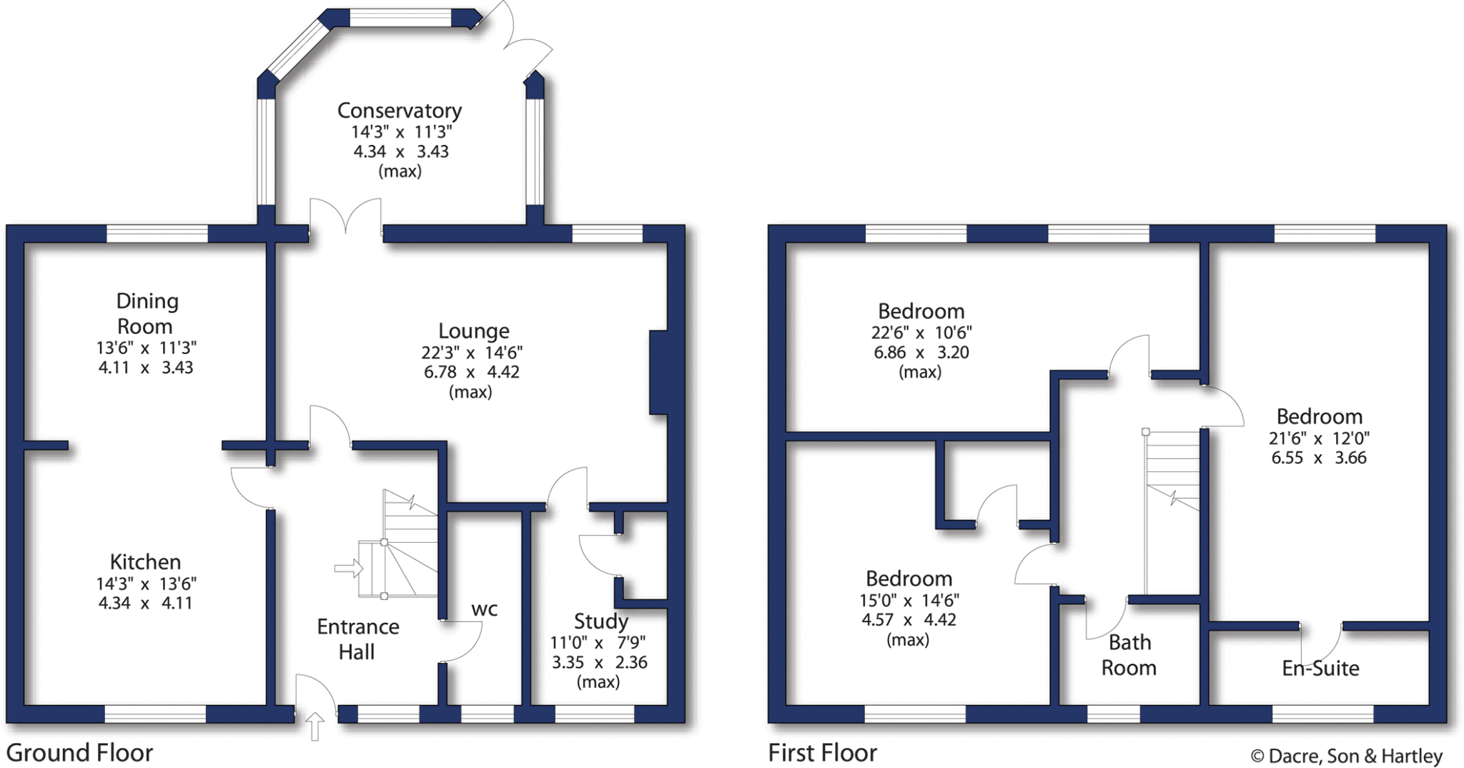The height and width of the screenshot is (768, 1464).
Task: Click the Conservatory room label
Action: pos(399,111)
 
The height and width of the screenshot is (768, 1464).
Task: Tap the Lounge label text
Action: pos(473,331)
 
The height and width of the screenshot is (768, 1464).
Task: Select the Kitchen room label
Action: pos(145,562)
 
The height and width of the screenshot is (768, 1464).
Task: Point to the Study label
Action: pos(600,621)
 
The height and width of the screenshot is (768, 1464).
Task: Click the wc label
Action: pos(484,609)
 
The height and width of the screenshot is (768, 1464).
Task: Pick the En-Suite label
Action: pos(1320,668)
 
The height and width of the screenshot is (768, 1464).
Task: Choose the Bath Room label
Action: pos(1129,655)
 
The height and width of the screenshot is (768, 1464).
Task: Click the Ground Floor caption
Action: pos(79,753)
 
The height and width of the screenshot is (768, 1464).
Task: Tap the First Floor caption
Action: pos(822,753)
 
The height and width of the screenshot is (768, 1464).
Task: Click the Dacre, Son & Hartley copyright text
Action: pos(1346,756)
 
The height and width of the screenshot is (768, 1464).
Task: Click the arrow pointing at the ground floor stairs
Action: pos(349,568)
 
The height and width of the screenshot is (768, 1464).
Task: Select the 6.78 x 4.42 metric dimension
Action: pos(471,372)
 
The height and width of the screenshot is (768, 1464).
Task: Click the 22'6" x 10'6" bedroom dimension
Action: pos(921,333)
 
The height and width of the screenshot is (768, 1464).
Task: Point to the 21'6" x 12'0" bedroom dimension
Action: pos(1319,438)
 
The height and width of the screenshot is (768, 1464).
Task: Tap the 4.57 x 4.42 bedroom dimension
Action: pos(908,620)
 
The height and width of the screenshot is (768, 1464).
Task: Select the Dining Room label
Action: pos(146,313)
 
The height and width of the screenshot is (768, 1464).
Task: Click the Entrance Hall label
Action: pos(357,639)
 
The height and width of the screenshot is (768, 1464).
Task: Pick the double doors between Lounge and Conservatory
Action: pos(345,218)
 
